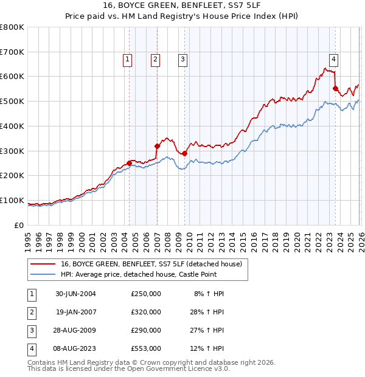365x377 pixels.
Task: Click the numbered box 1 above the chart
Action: pyautogui.click(x=128, y=59)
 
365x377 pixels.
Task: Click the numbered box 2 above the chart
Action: pyautogui.click(x=156, y=59)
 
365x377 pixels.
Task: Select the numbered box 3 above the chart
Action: pyautogui.click(x=183, y=59)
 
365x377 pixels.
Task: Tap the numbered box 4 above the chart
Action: pyautogui.click(x=334, y=59)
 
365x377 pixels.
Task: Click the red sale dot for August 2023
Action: pyautogui.click(x=335, y=88)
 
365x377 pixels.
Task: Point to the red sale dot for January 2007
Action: pyautogui.click(x=157, y=146)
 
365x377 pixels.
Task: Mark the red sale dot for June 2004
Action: pyautogui.click(x=129, y=163)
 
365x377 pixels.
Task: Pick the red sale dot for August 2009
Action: pyautogui.click(x=185, y=153)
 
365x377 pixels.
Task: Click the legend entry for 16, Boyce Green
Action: pyautogui.click(x=151, y=264)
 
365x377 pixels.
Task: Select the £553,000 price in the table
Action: pyautogui.click(x=146, y=348)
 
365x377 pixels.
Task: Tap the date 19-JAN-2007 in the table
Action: pyautogui.click(x=75, y=312)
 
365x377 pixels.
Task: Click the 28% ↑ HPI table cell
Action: pyautogui.click(x=209, y=312)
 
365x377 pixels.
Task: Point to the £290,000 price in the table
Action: pyautogui.click(x=146, y=330)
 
